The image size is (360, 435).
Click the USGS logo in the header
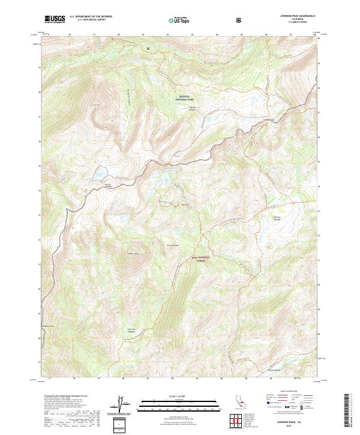pos(55,19)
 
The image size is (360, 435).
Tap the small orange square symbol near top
pos(148,48)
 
